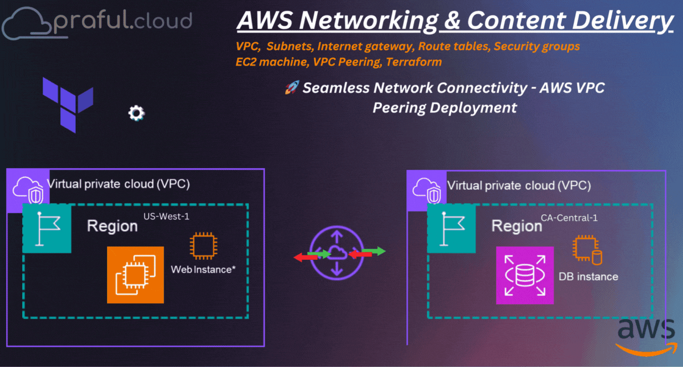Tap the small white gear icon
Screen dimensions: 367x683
[136, 113]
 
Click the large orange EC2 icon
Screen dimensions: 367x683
[135, 275]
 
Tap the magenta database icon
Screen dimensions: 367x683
[524, 275]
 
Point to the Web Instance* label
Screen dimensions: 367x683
[203, 268]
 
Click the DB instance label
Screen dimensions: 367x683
[588, 276]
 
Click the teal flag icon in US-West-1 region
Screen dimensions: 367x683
[47, 229]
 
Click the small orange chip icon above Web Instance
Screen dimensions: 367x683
[203, 246]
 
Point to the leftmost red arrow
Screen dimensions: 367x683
[306, 257]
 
